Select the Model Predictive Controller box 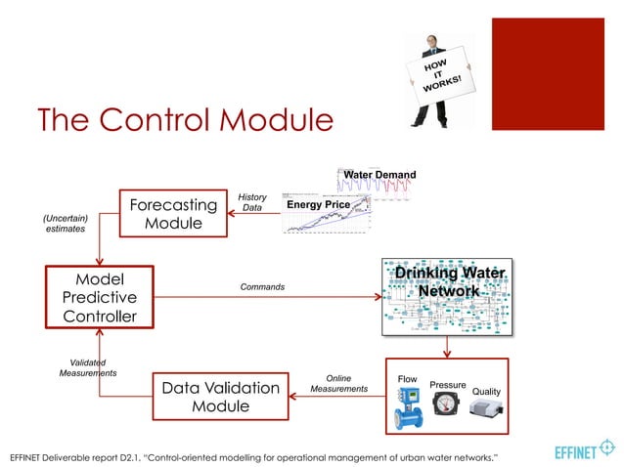tap(99, 297)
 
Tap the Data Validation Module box tap(220, 398)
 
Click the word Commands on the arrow tap(263, 287)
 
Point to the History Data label tap(251, 202)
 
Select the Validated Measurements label tap(88, 367)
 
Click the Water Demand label tap(379, 175)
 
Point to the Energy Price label tap(318, 204)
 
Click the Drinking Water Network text tap(449, 281)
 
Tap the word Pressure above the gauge tap(448, 385)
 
